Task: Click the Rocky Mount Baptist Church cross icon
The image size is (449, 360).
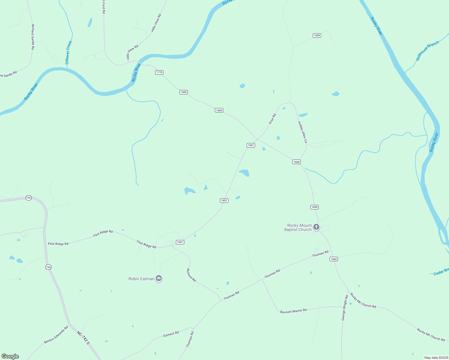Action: coord(316,227)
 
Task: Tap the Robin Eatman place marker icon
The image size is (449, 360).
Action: coord(159,279)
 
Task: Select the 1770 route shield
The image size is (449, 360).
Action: coord(159,72)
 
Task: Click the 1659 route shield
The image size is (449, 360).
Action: coord(317,35)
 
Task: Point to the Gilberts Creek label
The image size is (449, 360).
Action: coord(69,52)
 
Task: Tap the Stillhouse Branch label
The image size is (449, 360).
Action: coord(427,51)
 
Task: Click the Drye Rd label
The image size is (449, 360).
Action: coord(272,119)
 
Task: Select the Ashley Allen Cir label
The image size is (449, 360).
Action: coord(303,132)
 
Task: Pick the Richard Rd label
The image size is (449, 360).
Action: coord(191,275)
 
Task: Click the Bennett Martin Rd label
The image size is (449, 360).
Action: coord(293,311)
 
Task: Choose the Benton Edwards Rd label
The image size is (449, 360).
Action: coord(56,335)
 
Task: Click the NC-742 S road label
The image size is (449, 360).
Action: coord(83,338)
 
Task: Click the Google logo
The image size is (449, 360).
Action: coord(10,356)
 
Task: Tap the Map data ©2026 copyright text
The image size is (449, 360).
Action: coord(435,358)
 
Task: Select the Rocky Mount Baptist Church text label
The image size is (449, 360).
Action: coord(298,227)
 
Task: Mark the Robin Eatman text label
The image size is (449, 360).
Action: coord(141,279)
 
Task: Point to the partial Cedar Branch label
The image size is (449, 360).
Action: coord(441,272)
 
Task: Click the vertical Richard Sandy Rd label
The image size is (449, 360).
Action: coord(33,37)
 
